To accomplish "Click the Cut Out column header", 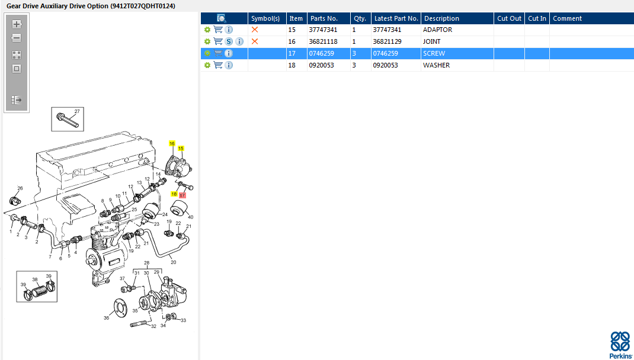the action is pyautogui.click(x=509, y=18).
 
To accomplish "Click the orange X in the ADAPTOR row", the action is pyautogui.click(x=255, y=30).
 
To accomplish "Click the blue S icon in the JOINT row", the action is pyautogui.click(x=229, y=41).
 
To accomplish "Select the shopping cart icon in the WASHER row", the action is pyautogui.click(x=218, y=65).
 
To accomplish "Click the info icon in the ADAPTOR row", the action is pyautogui.click(x=229, y=30).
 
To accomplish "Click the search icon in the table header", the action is pyautogui.click(x=222, y=18).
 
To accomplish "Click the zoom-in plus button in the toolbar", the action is pyautogui.click(x=17, y=24).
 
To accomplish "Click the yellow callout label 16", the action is pyautogui.click(x=172, y=143).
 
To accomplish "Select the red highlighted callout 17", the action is pyautogui.click(x=182, y=195).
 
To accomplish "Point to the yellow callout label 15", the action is pyautogui.click(x=181, y=148).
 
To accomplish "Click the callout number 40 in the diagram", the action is pyautogui.click(x=190, y=217).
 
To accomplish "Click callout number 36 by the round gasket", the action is pyautogui.click(x=106, y=318).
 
